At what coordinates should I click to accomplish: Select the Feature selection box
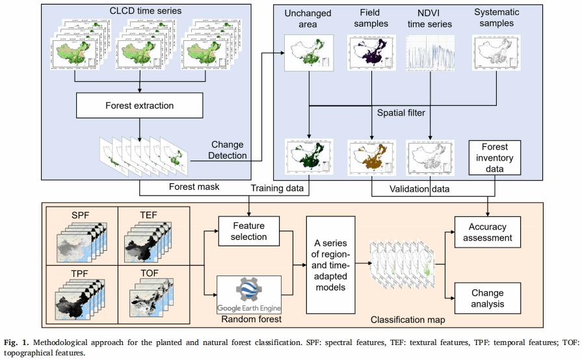click(x=248, y=231)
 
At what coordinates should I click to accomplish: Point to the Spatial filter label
click(x=401, y=114)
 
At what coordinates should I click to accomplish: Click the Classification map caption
click(x=403, y=320)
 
